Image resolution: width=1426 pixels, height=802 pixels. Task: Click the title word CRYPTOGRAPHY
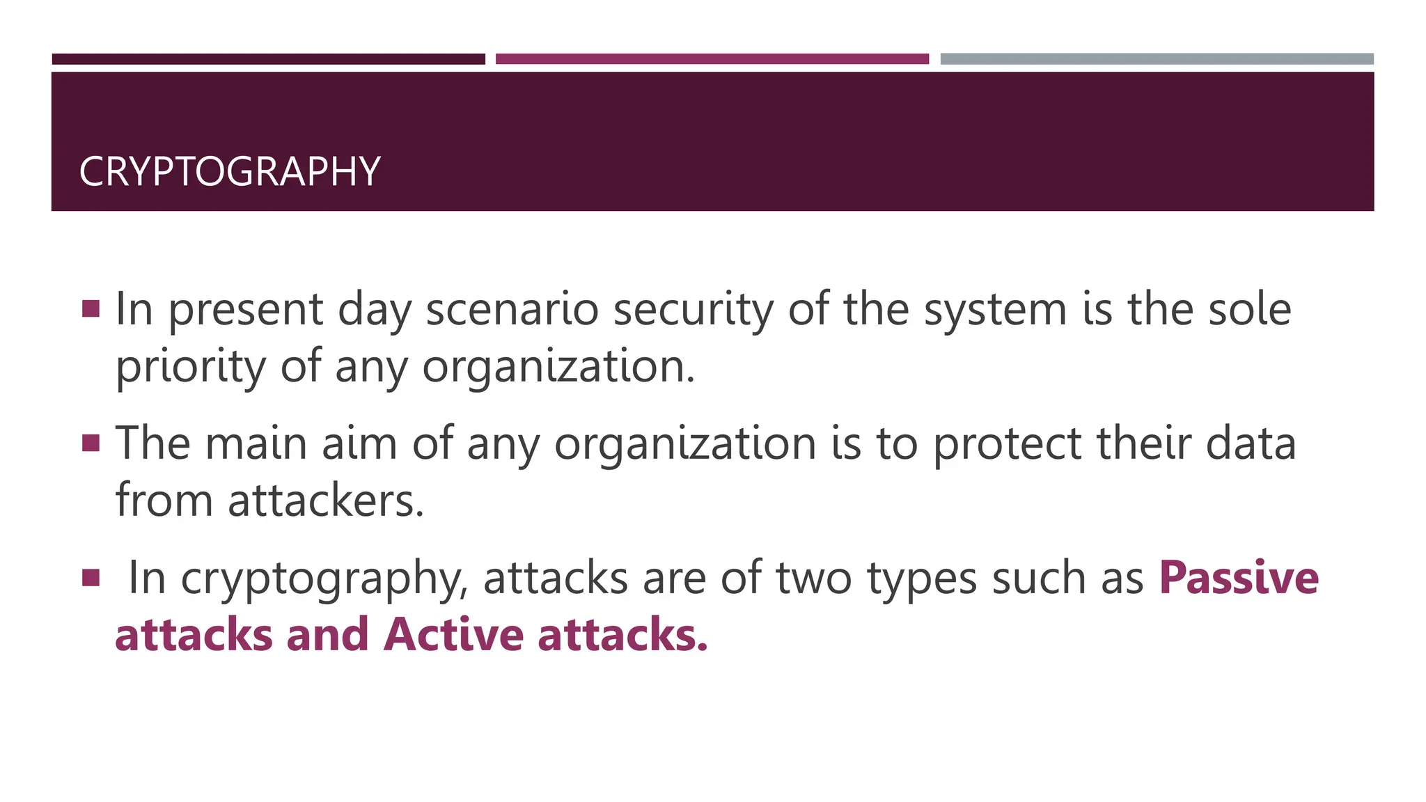[x=230, y=171]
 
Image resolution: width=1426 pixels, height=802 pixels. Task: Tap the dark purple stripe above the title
[x=268, y=59]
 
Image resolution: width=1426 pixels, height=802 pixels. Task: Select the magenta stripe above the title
[x=712, y=59]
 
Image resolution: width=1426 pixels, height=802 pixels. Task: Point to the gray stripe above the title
[x=1157, y=59]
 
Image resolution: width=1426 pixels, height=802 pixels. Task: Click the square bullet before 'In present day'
[x=91, y=308]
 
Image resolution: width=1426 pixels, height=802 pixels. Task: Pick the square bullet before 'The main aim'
[x=91, y=443]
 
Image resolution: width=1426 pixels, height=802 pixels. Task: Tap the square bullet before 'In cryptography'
[x=91, y=577]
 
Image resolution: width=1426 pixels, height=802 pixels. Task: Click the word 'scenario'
[x=512, y=309]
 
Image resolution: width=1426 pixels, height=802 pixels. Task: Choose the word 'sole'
[x=1250, y=309]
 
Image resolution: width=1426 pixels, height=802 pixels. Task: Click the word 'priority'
[x=190, y=368]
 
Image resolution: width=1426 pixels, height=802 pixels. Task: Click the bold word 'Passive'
[x=1239, y=578]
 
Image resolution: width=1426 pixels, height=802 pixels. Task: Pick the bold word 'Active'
[x=453, y=635]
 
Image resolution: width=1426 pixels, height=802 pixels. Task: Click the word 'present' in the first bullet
[x=246, y=310]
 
